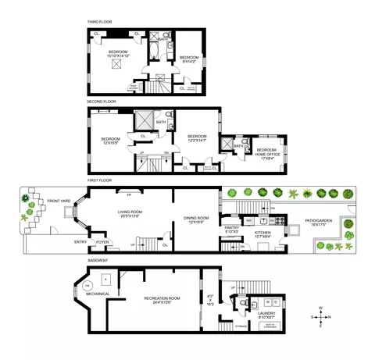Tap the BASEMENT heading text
[98, 260]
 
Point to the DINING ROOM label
[195, 218]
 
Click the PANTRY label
[233, 229]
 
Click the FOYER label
[102, 242]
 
